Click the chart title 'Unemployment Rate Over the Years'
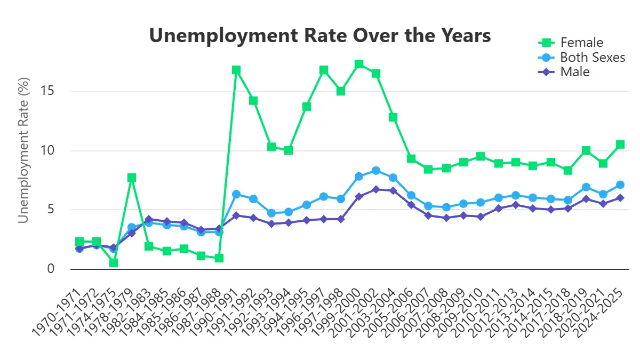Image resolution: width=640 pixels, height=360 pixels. (x=319, y=36)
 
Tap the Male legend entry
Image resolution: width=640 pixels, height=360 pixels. (x=574, y=71)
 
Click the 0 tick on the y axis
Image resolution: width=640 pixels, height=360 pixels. (x=52, y=269)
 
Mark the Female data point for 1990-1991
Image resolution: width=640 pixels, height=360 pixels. (x=236, y=70)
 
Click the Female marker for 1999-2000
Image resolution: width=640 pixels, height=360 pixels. (x=359, y=64)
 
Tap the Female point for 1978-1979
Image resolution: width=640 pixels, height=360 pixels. (x=132, y=178)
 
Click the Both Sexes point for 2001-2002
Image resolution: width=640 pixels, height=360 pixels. (x=376, y=171)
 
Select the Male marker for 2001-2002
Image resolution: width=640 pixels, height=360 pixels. (x=376, y=189)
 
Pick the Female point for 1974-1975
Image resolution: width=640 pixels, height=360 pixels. (x=114, y=263)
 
